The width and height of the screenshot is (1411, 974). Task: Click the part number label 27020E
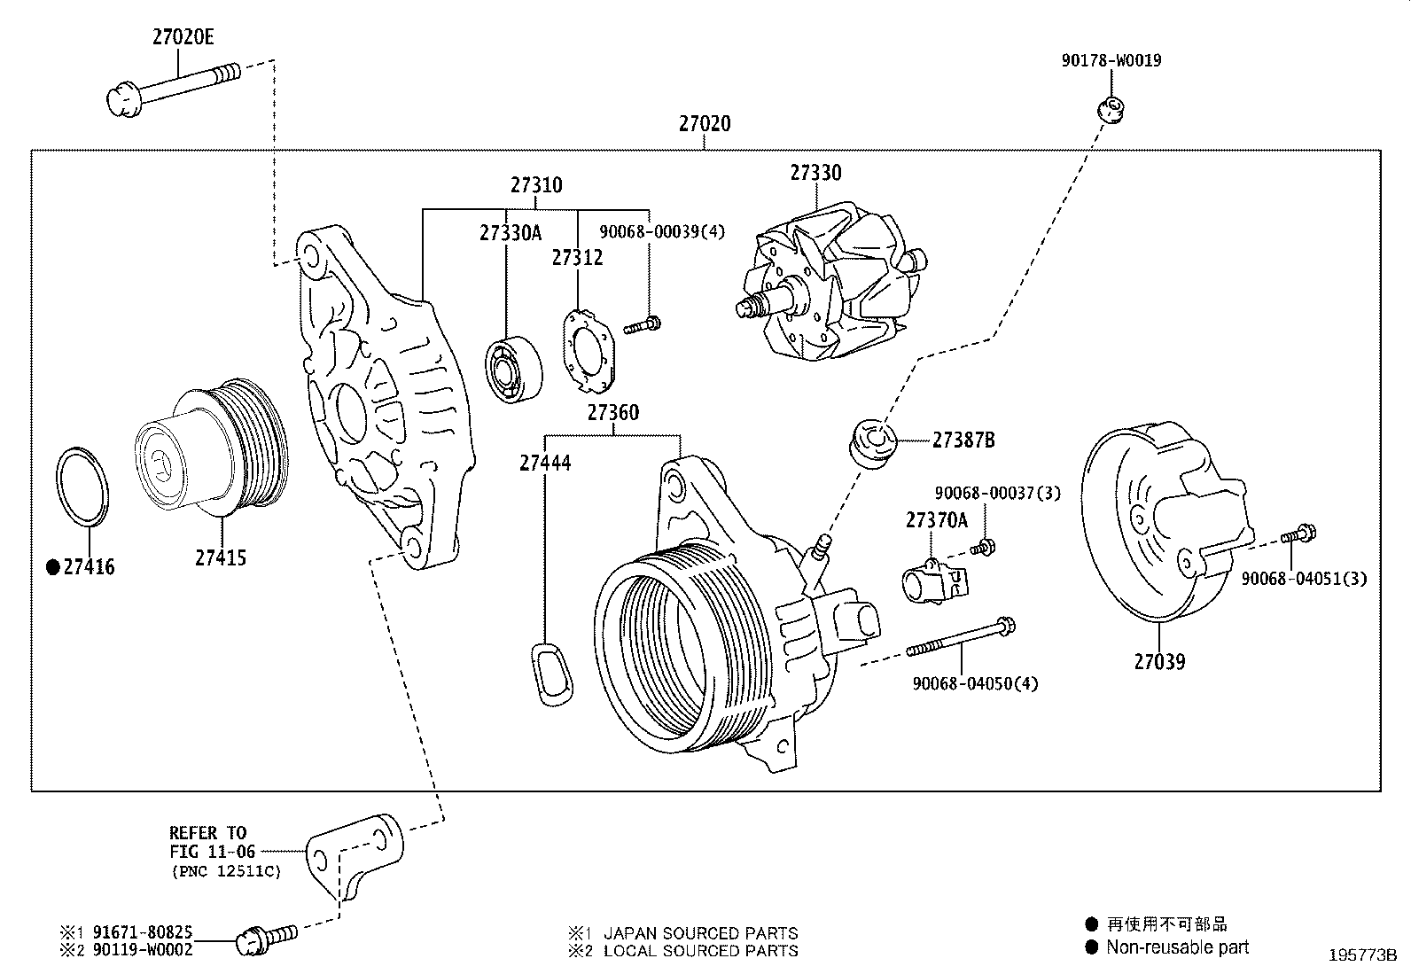183,37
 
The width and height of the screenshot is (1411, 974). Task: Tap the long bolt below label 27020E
173,85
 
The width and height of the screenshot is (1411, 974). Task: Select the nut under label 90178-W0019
1110,110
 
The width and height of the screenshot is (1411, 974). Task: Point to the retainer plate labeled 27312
586,350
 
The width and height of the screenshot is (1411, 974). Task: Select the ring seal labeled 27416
84,487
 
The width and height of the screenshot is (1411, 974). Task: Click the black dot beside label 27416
52,567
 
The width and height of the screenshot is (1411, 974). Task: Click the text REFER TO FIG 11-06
213,842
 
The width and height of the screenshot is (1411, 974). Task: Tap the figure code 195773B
1361,955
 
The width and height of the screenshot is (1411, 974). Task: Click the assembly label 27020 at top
705,123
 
